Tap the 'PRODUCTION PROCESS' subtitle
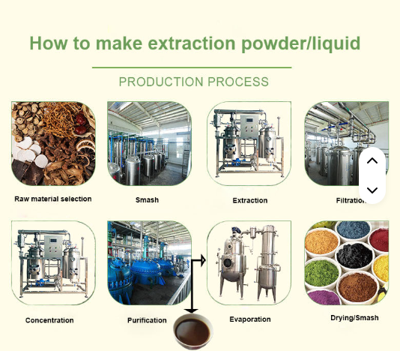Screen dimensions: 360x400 click(x=194, y=82)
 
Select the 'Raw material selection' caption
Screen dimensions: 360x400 click(x=53, y=199)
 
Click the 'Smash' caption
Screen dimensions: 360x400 click(x=147, y=200)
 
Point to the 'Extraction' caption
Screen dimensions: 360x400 click(x=250, y=200)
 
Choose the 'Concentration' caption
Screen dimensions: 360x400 click(x=49, y=320)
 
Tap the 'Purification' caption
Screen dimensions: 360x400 click(x=147, y=320)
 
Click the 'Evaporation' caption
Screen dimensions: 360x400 click(x=250, y=319)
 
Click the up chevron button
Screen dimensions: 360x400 click(x=372, y=161)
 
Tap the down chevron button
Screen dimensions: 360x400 click(x=372, y=190)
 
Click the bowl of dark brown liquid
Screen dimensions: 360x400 click(x=191, y=331)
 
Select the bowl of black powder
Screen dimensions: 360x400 click(x=354, y=256)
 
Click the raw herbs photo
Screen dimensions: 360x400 click(x=53, y=144)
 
